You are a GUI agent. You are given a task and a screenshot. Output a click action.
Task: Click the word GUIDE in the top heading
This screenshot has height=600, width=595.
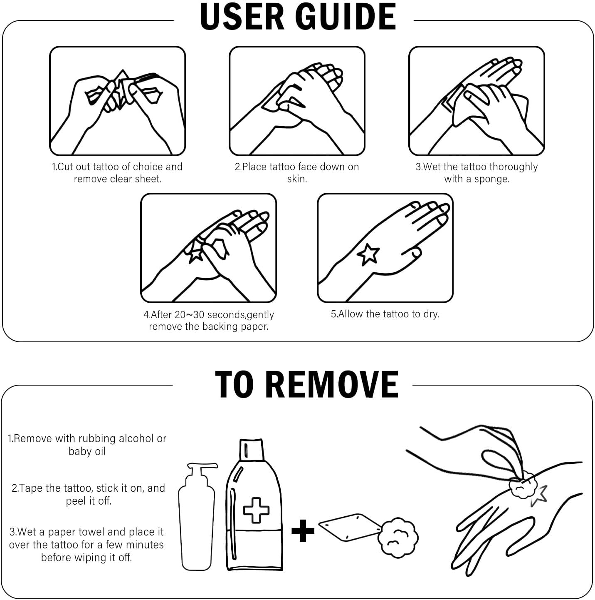(x=345, y=17)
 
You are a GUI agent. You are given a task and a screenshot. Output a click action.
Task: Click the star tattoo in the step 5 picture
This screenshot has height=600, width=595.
(x=368, y=254)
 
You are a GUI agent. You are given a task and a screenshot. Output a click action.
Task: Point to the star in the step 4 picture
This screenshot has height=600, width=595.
(x=195, y=254)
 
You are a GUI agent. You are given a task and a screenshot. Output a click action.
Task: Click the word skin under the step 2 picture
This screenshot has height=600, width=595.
(x=297, y=179)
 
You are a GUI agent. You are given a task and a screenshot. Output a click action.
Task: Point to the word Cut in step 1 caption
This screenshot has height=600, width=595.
(x=65, y=167)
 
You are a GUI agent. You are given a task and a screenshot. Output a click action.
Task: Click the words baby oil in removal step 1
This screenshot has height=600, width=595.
(x=87, y=451)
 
